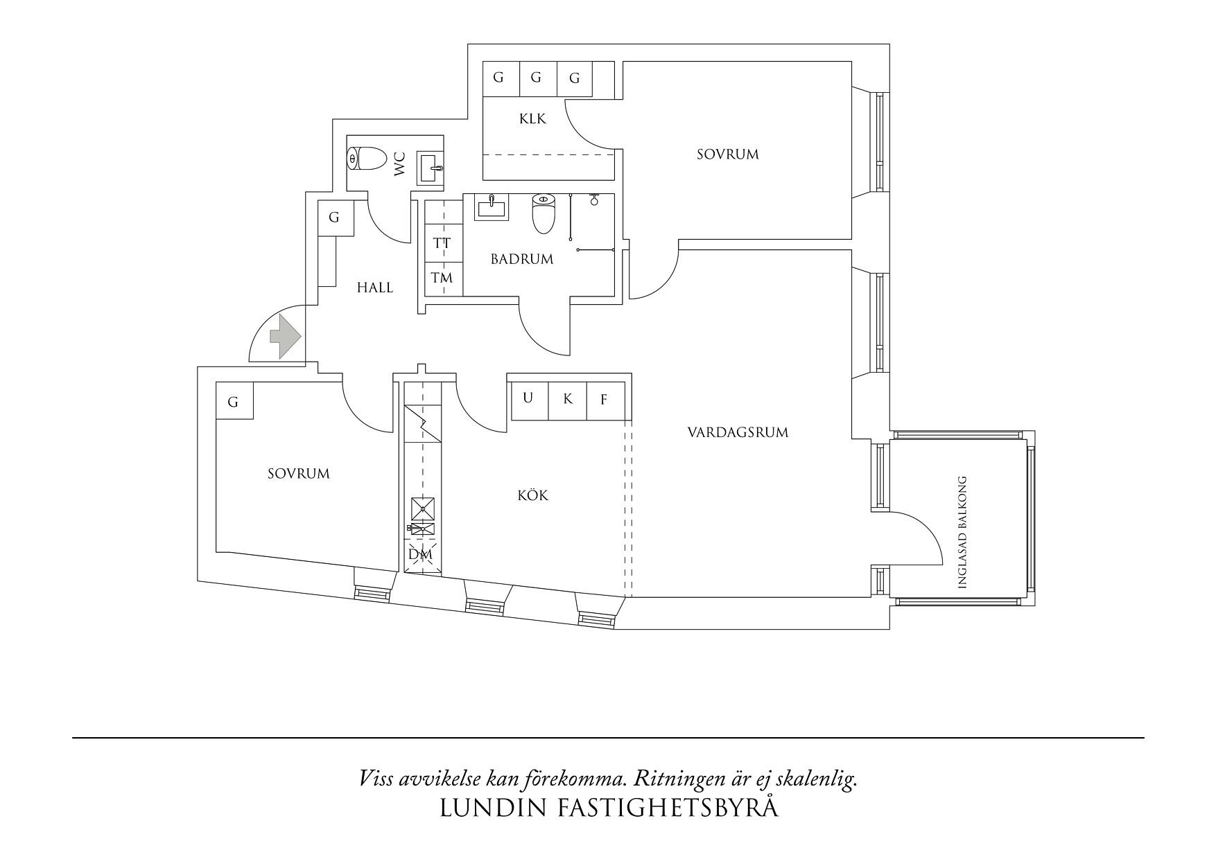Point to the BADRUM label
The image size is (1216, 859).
coord(522,260)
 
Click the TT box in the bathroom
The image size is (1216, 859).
coord(442,244)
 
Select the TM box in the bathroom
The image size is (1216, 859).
coord(442,278)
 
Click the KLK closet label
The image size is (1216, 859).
coord(532,119)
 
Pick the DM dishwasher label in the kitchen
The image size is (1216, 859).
coord(420,555)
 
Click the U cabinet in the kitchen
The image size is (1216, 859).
coord(528,398)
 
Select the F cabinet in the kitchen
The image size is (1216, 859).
coord(604,400)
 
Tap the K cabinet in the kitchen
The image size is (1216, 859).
coord(568,400)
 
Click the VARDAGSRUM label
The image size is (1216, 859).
coord(738,433)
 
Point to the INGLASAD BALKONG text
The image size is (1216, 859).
coord(962,533)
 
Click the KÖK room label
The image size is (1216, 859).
coord(533,496)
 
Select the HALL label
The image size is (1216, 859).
coord(375,287)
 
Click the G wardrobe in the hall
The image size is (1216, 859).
coord(334,218)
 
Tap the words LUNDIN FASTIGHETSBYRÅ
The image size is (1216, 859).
coord(609,808)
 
